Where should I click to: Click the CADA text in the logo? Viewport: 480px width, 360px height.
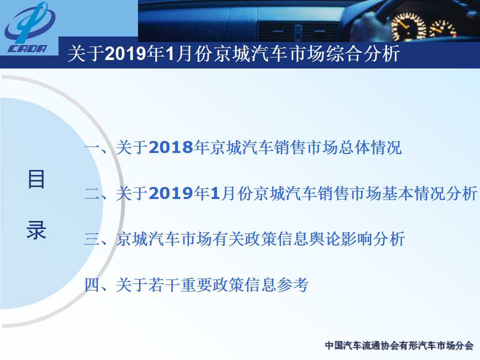tap(27, 48)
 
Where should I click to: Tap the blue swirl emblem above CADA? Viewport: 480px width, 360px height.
tap(29, 22)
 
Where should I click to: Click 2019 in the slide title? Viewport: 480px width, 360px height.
tap(125, 53)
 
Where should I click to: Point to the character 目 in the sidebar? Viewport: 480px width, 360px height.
tap(36, 179)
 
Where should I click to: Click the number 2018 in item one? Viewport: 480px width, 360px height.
tap(171, 147)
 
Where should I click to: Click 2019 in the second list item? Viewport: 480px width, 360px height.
tap(171, 193)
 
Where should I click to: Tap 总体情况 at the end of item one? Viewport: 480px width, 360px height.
tap(370, 147)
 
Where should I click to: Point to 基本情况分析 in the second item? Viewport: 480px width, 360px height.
tap(429, 193)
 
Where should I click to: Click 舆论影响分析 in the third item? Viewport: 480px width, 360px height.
tap(357, 239)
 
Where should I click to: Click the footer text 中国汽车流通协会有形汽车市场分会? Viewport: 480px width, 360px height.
tap(399, 345)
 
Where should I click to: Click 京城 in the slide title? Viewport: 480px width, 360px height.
tap(231, 53)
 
